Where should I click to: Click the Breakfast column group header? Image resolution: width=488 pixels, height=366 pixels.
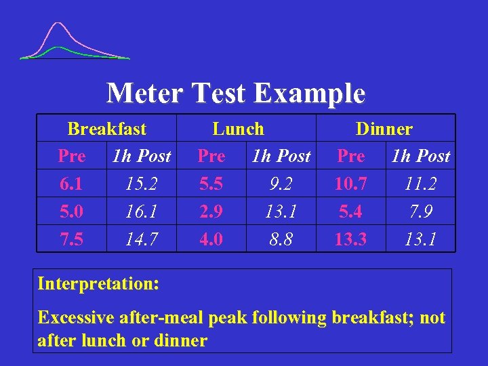[107, 129]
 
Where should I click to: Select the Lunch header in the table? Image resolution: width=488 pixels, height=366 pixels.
[238, 129]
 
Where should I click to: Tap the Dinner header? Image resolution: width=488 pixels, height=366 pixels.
[384, 129]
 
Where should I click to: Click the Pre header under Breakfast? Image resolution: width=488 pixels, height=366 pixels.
[72, 157]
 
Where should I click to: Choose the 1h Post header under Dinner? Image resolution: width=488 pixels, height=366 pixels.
[420, 157]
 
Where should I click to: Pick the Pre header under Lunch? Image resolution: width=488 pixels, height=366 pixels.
[211, 157]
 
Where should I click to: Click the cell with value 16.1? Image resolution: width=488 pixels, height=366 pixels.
[142, 212]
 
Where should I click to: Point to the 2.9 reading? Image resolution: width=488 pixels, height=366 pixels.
[211, 212]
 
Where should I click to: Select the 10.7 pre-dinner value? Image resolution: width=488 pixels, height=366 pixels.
[350, 184]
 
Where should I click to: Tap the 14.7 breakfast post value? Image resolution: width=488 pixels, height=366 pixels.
[142, 239]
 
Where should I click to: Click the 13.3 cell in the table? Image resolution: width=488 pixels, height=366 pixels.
[350, 239]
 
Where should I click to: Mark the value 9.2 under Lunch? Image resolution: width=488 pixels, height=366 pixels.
[281, 184]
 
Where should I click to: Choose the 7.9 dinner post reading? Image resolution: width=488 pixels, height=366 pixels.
[420, 212]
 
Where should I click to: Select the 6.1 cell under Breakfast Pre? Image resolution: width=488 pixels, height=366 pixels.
[72, 184]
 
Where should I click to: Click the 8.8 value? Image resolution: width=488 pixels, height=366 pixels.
[281, 239]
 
